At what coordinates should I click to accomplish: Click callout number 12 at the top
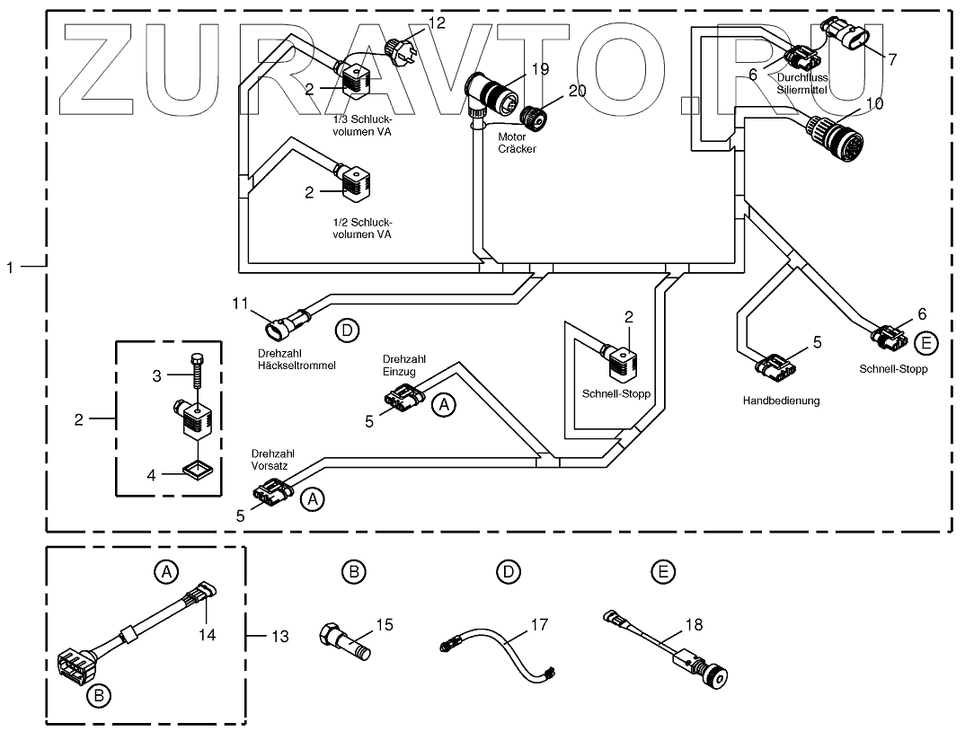pyautogui.click(x=436, y=23)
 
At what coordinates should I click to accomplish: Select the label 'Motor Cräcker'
pyautogui.click(x=517, y=143)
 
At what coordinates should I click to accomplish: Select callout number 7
pyautogui.click(x=892, y=59)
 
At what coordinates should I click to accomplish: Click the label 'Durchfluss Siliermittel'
pyautogui.click(x=802, y=84)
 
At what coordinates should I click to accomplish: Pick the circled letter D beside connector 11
pyautogui.click(x=347, y=330)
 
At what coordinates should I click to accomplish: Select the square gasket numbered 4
pyautogui.click(x=196, y=468)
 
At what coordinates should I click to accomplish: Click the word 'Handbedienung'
pyautogui.click(x=781, y=401)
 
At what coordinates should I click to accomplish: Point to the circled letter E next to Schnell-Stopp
pyautogui.click(x=926, y=341)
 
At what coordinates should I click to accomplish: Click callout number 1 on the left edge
pyautogui.click(x=11, y=266)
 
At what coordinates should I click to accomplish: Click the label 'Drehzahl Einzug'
pyautogui.click(x=401, y=365)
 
